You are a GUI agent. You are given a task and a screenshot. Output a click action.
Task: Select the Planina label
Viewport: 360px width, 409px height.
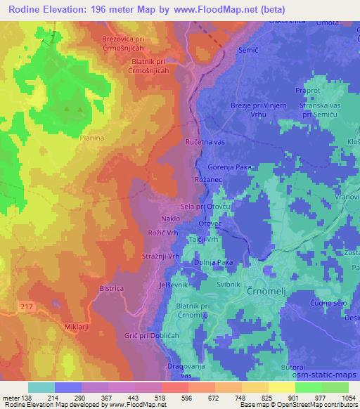tap(91, 138)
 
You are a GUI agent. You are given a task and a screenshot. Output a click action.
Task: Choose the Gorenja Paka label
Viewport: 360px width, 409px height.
tap(230, 167)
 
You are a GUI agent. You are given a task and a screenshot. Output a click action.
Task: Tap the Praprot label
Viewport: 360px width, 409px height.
tap(308, 91)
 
